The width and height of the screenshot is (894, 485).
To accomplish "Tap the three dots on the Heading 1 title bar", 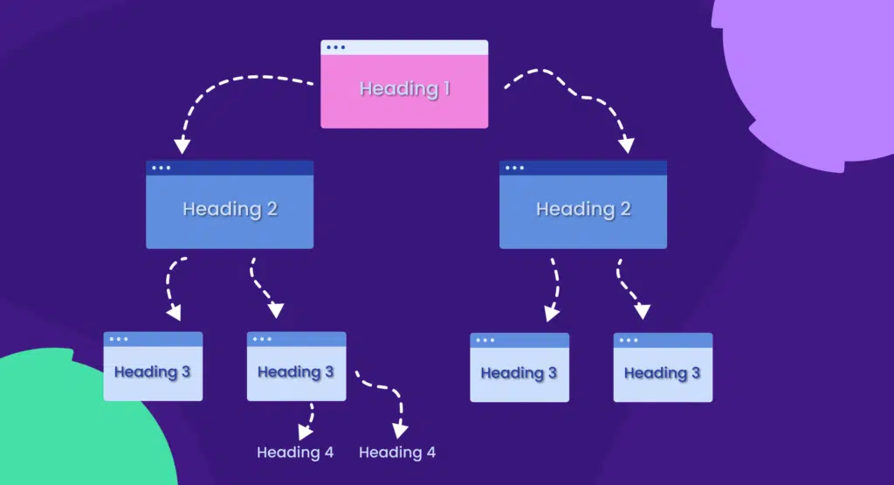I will coord(334,47).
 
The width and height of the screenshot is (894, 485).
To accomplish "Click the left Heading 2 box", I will coord(230,210).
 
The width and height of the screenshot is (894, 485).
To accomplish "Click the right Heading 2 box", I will coord(583,210).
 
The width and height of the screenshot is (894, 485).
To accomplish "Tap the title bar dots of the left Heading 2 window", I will coord(162,168).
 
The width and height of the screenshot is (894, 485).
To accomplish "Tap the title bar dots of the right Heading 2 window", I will coord(515,168).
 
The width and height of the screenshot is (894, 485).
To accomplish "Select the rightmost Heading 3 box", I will coord(663,373).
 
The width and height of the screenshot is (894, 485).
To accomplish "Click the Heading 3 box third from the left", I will coord(519,373).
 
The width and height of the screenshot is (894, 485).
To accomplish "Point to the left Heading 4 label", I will coord(295,453).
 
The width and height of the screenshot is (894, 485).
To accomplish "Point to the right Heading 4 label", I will coord(397,453).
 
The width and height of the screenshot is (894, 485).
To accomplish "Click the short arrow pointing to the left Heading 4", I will coord(307,419).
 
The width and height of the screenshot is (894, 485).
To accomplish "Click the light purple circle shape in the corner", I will coord(812,70).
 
